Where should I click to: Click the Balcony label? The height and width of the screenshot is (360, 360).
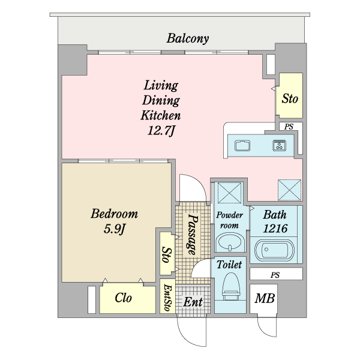pyautogui.click(x=188, y=38)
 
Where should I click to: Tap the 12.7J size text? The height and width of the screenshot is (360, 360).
pyautogui.click(x=161, y=131)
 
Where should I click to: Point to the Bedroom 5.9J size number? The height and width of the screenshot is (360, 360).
pyautogui.click(x=115, y=229)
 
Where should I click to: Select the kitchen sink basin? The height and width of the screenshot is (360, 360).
pyautogui.click(x=242, y=146)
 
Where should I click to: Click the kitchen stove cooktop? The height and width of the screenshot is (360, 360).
pyautogui.click(x=279, y=145)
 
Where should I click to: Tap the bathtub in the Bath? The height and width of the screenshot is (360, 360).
pyautogui.click(x=274, y=251)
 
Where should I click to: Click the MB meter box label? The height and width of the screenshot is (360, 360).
pyautogui.click(x=265, y=298)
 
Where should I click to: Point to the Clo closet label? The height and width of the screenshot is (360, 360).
pyautogui.click(x=123, y=298)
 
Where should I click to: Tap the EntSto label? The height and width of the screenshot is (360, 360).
pyautogui.click(x=167, y=298)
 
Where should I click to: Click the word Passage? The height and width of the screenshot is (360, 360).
pyautogui.click(x=193, y=235)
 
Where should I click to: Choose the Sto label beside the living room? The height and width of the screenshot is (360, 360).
pyautogui.click(x=290, y=99)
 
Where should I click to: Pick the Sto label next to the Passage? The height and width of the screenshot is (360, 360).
pyautogui.click(x=166, y=254)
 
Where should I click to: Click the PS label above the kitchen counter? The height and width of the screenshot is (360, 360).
pyautogui.click(x=289, y=127)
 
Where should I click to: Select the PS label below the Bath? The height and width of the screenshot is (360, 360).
pyautogui.click(x=275, y=275)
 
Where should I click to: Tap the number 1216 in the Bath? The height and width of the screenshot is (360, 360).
pyautogui.click(x=275, y=229)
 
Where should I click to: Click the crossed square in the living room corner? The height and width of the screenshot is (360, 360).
pyautogui.click(x=290, y=190)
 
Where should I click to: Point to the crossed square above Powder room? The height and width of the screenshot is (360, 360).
pyautogui.click(x=230, y=193)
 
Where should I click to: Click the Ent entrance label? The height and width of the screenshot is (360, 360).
pyautogui.click(x=193, y=302)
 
